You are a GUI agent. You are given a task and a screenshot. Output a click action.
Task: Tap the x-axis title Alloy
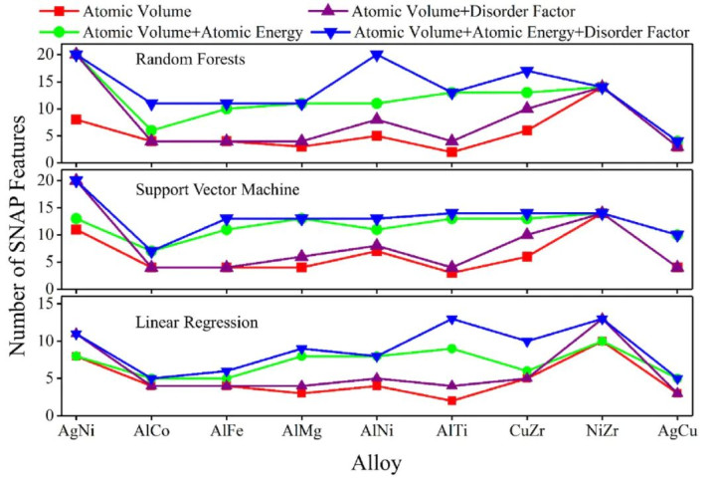pos(382,462)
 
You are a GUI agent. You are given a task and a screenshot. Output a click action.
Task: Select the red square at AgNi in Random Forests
pos(77,119)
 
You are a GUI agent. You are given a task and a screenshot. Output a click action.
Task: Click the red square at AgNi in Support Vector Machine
pos(77,229)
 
